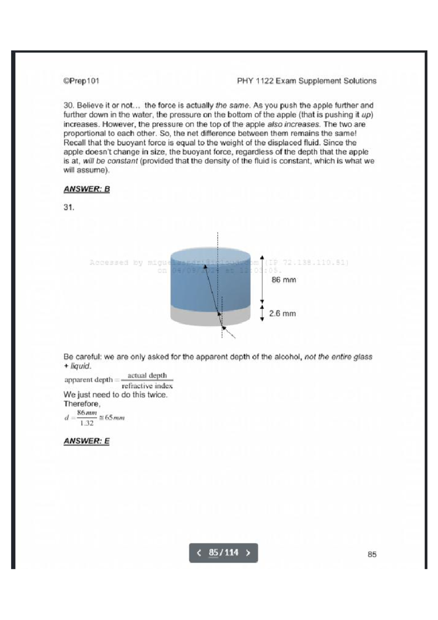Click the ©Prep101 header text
tap(81, 81)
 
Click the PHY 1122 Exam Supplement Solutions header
tap(307, 81)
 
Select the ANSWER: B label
tap(87, 189)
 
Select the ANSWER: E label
tap(87, 441)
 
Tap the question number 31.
tap(69, 207)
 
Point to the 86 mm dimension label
tap(284, 280)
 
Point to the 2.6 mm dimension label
tap(283, 314)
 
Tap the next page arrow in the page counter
tap(248, 553)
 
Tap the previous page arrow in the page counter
tap(199, 553)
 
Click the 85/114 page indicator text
tap(223, 553)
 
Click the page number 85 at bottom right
tap(372, 554)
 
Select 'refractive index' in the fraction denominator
tap(147, 386)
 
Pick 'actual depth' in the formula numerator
tap(147, 376)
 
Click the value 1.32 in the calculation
tap(87, 423)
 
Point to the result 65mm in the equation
tap(115, 418)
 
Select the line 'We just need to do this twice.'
tap(115, 395)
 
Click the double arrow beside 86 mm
tap(262, 279)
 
